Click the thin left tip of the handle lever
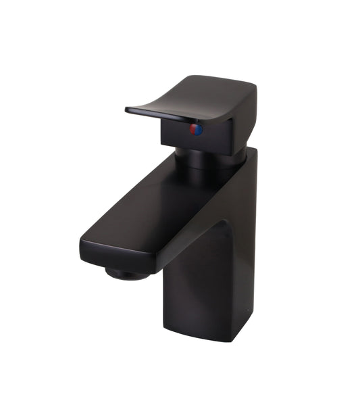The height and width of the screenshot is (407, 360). pos(129,110)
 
